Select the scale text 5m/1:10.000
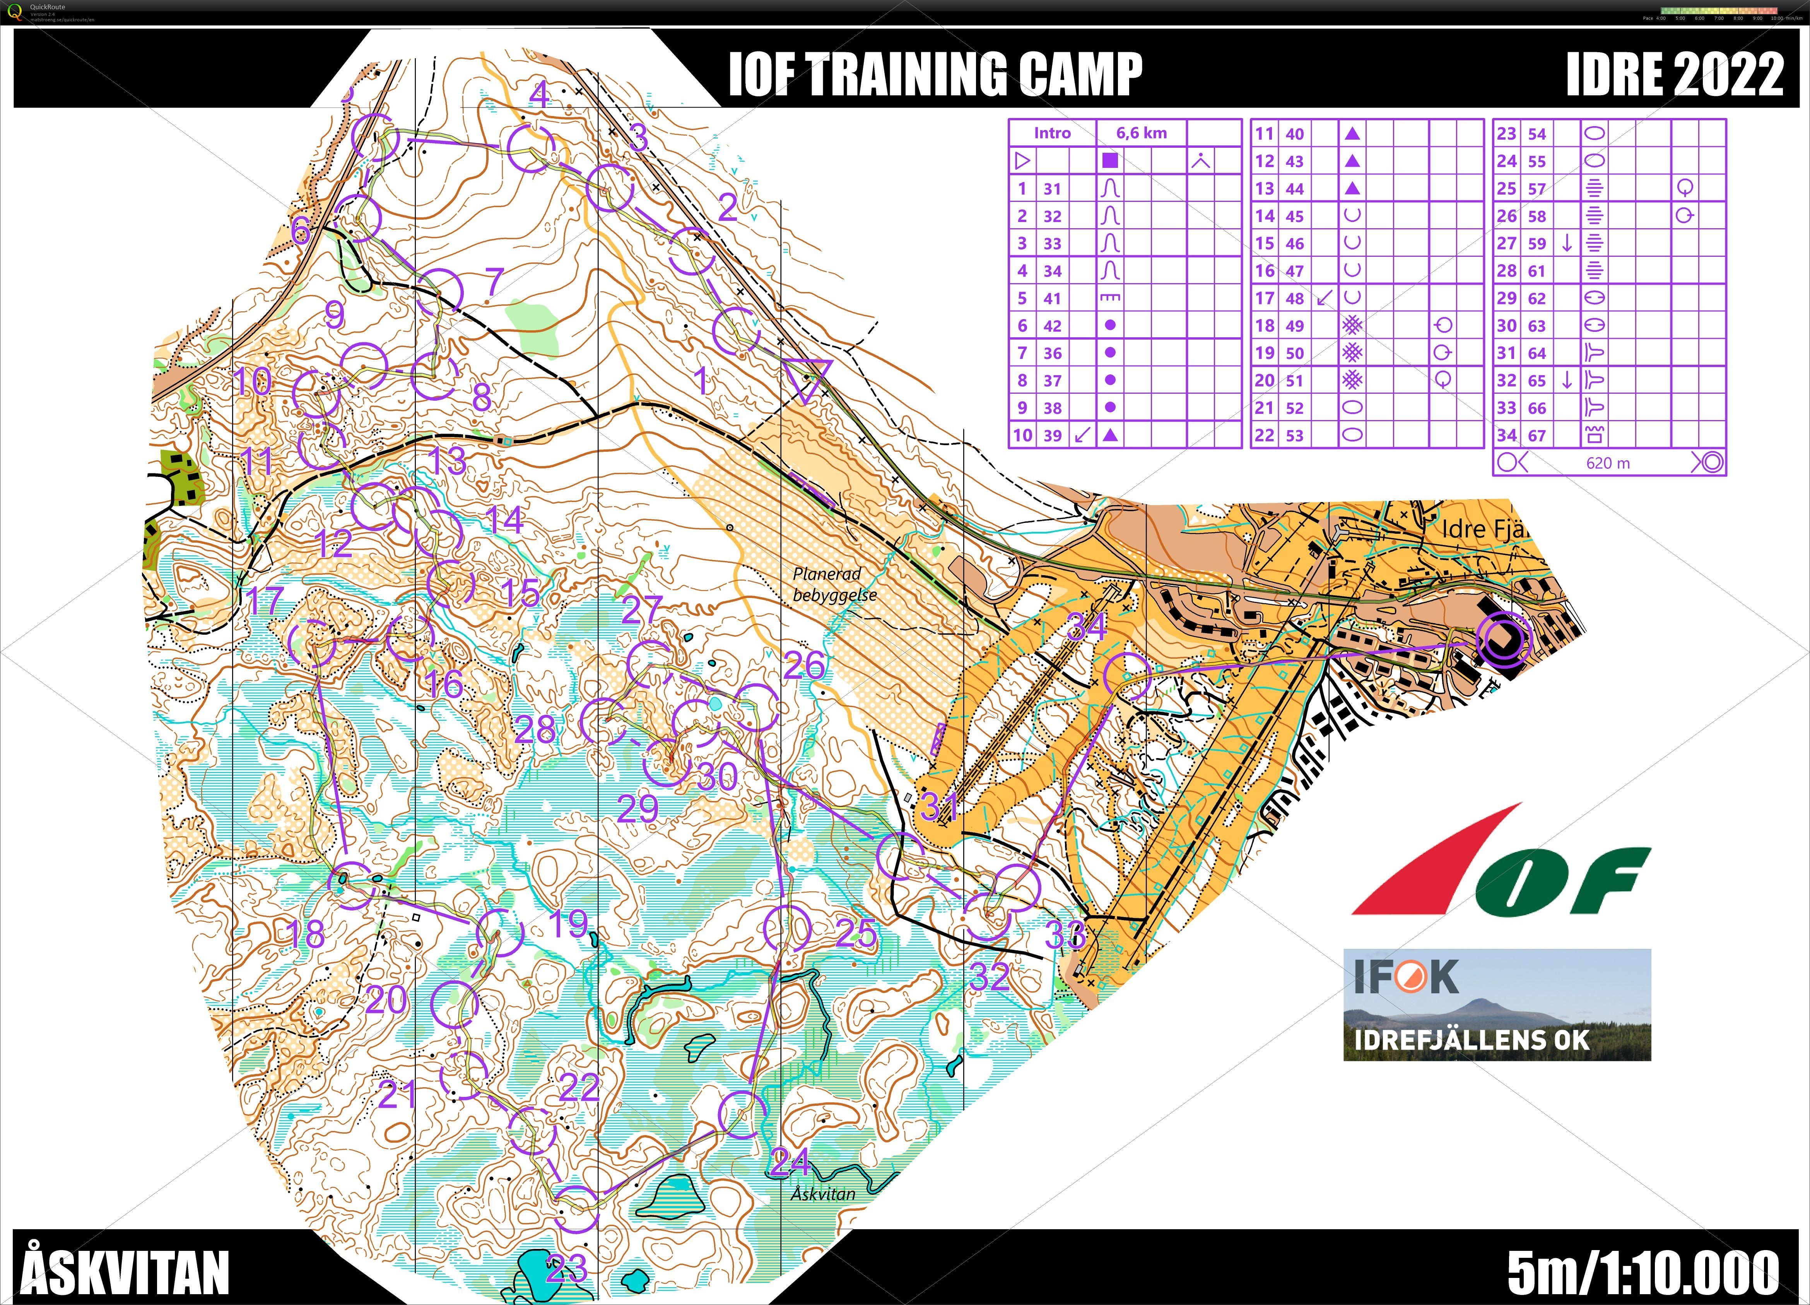tap(1643, 1269)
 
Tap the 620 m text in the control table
tap(1608, 463)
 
